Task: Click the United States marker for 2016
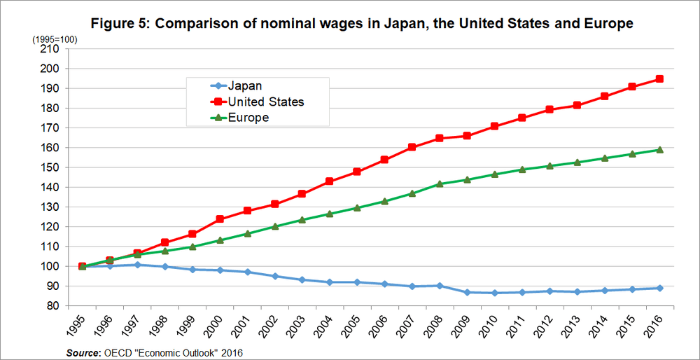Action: pos(659,79)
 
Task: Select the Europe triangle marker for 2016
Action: pos(659,149)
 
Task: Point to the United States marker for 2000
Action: pos(219,219)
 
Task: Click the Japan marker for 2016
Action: pos(659,288)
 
